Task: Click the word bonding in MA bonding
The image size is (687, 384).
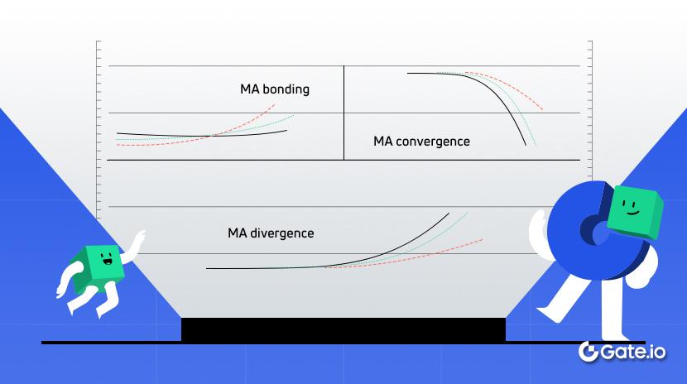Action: [286, 89]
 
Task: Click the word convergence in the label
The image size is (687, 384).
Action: [433, 142]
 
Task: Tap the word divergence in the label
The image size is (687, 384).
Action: [283, 233]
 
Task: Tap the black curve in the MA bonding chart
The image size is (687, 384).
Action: [166, 135]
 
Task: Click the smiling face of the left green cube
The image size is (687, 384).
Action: [107, 264]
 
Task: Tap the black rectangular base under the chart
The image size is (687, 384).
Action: [343, 329]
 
